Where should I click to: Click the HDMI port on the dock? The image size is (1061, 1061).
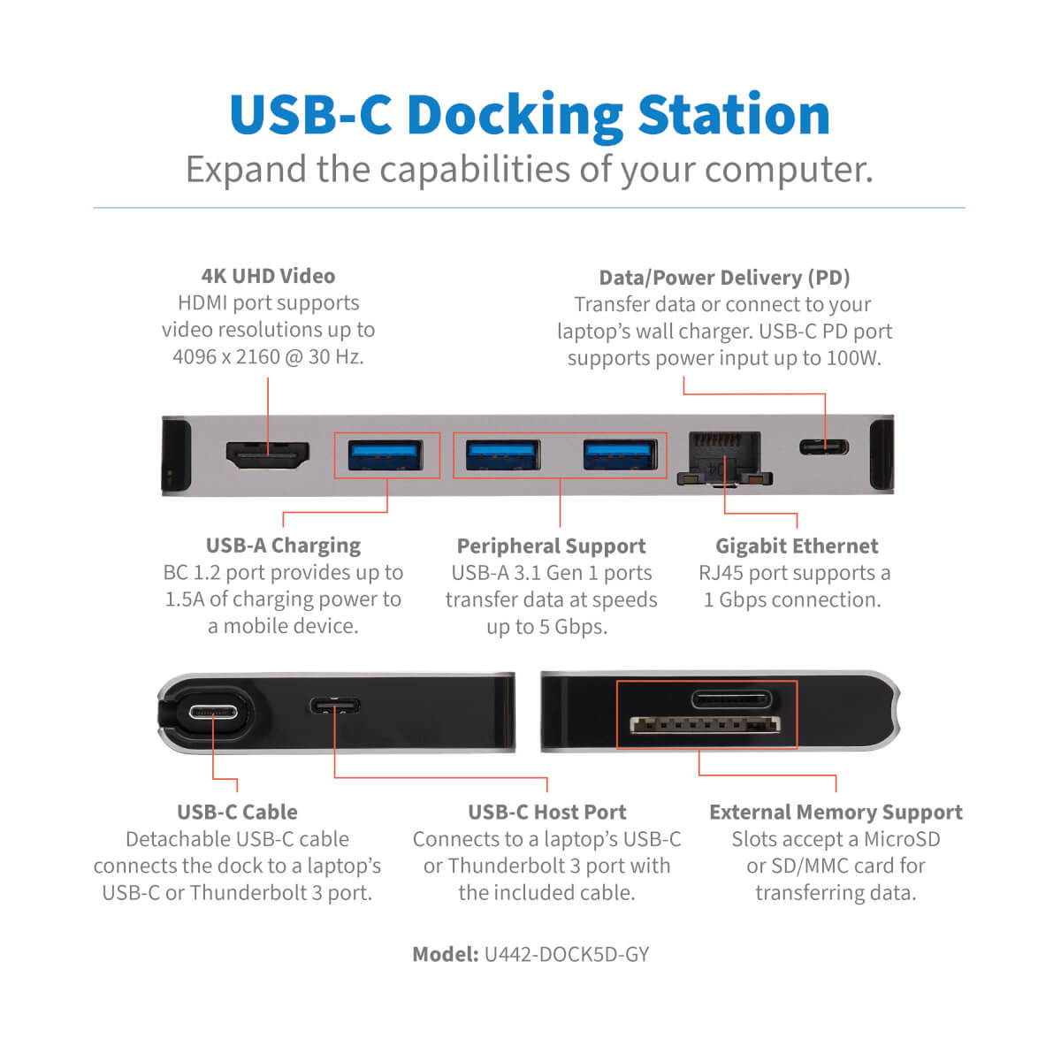268,455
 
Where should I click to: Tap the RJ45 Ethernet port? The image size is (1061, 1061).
725,459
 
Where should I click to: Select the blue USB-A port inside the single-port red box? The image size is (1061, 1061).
385,454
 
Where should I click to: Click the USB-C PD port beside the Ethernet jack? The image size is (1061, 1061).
824,447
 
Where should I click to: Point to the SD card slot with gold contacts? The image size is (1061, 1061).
706,725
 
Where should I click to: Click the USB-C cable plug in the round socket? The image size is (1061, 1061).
213,713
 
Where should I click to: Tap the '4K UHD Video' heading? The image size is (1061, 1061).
268,276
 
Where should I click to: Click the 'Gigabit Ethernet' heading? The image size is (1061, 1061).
796,546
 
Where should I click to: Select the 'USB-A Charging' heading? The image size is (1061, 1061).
283,546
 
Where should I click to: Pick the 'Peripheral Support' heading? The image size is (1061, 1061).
551,546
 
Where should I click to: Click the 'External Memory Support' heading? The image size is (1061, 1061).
836,813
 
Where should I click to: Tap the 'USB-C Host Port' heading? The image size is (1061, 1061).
546,813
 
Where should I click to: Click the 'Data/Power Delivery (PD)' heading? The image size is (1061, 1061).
725,278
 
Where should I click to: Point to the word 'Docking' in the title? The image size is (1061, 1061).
515,115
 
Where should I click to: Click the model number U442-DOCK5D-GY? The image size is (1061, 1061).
567,954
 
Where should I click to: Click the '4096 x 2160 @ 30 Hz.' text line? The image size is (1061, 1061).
268,357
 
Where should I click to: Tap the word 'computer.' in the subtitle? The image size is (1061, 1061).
789,170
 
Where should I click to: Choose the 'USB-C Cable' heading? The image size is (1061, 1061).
237,813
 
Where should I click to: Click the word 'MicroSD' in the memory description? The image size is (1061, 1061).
901,839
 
